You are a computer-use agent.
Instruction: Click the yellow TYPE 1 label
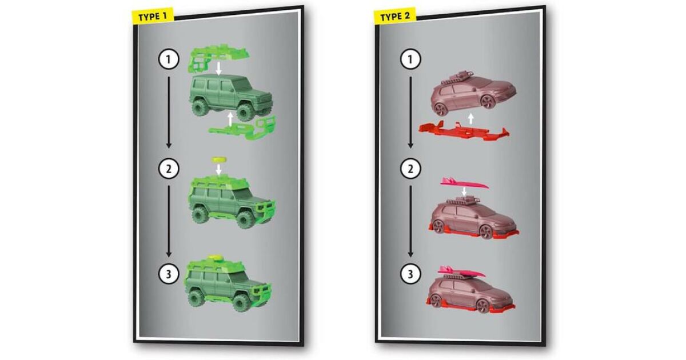pyautogui.click(x=153, y=17)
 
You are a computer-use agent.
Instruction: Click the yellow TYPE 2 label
pyautogui.click(x=395, y=16)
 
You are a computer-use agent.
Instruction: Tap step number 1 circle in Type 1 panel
pyautogui.click(x=169, y=59)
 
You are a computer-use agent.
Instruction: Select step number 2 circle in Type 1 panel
pyautogui.click(x=169, y=169)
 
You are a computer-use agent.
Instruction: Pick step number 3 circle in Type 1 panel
pyautogui.click(x=169, y=274)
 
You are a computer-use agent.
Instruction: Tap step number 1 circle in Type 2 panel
pyautogui.click(x=410, y=59)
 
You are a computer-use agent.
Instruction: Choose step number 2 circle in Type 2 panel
pyautogui.click(x=410, y=169)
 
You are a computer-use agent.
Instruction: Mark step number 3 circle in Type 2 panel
pyautogui.click(x=410, y=274)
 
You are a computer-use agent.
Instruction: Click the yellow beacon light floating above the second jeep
pyautogui.click(x=218, y=159)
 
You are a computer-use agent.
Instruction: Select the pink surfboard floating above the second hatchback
pyautogui.click(x=464, y=183)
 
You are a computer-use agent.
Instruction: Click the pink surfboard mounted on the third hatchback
pyautogui.click(x=461, y=272)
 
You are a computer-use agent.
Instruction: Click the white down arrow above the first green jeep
pyautogui.click(x=218, y=68)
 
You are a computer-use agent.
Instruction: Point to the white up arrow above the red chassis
pyautogui.click(x=471, y=118)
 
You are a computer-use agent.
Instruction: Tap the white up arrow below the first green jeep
pyautogui.click(x=230, y=119)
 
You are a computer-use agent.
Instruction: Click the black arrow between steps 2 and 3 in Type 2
pyautogui.click(x=410, y=221)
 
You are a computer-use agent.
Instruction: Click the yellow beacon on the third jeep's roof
pyautogui.click(x=216, y=259)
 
